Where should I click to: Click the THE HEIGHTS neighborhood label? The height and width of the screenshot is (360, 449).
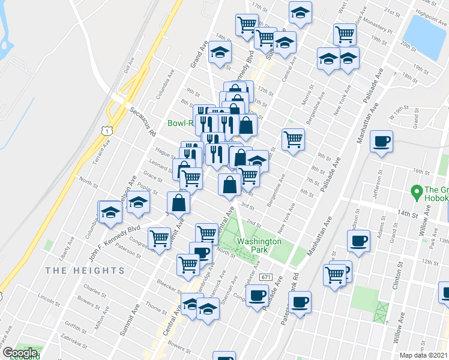[x=85, y=271]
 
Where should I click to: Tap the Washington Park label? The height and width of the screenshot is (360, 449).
[x=258, y=245]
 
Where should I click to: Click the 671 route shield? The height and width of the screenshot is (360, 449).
[x=266, y=278]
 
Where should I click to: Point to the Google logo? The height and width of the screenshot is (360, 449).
[x=20, y=353]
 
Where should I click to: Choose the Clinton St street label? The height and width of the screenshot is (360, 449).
[x=397, y=278]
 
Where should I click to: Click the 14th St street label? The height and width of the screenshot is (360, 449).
[x=406, y=213]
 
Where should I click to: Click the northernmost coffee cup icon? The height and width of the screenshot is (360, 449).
[x=381, y=142]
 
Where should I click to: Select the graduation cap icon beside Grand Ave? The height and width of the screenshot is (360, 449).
[x=220, y=52]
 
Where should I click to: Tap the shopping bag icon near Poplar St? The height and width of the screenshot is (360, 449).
[x=179, y=203]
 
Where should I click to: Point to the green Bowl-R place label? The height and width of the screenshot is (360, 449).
[x=179, y=123]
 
